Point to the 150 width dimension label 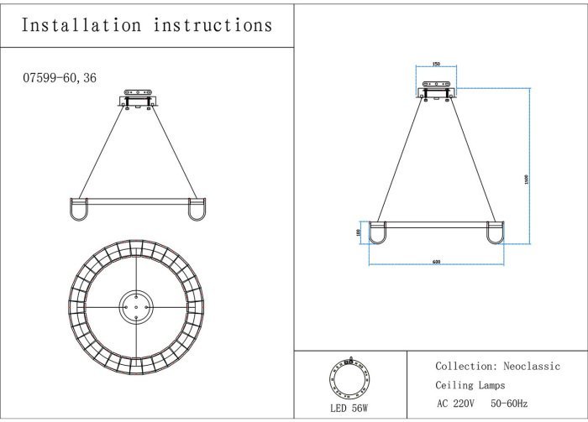[436, 64]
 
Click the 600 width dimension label [436, 262]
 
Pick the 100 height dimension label [358, 232]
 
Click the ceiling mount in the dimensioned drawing [436, 88]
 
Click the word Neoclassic [532, 367]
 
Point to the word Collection [465, 367]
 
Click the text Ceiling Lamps [470, 385]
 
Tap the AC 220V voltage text [456, 404]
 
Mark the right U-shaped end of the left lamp [197, 210]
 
